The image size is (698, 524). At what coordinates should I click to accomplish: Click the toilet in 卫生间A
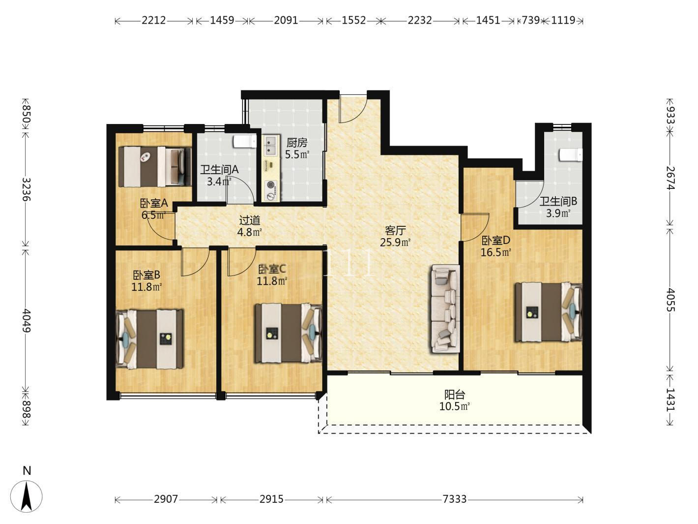[x=245, y=141]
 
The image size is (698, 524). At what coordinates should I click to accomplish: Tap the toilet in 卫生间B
[x=571, y=155]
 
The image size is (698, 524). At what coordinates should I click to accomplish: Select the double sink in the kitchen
[x=271, y=146]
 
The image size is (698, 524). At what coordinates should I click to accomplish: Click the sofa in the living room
[x=445, y=308]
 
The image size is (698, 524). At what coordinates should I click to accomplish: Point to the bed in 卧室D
[x=549, y=312]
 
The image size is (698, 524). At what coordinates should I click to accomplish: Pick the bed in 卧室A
[x=155, y=167]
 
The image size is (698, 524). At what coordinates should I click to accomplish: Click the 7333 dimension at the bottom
[x=454, y=499]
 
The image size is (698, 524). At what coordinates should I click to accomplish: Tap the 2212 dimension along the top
[x=153, y=20]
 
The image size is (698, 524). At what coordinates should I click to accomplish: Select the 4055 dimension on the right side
[x=670, y=300]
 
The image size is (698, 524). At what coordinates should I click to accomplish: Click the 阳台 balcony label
[x=454, y=395]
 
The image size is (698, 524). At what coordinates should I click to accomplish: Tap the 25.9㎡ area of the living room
[x=395, y=243]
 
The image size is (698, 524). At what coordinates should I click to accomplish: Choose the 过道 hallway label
[x=250, y=220]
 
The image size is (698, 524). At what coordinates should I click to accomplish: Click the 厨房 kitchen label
[x=297, y=143]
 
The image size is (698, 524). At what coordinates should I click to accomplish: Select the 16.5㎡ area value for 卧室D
[x=496, y=252]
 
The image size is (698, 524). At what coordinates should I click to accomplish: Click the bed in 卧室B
[x=149, y=339]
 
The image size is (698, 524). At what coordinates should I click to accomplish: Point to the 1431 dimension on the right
[x=670, y=400]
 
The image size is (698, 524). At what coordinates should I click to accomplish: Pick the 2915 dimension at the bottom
[x=271, y=499]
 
